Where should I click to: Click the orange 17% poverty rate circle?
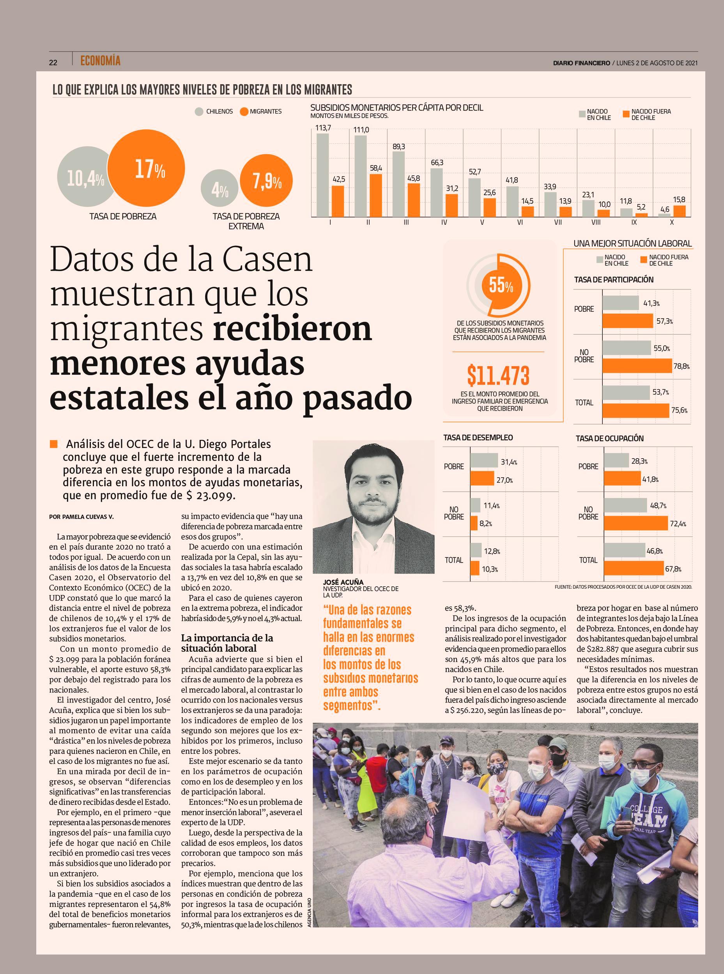pyautogui.click(x=146, y=169)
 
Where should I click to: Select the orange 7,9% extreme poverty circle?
pyautogui.click(x=266, y=181)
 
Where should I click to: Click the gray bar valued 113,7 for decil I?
pyautogui.click(x=322, y=175)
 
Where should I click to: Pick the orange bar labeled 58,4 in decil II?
pyautogui.click(x=375, y=195)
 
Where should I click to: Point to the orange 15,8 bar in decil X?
pyautogui.click(x=679, y=211)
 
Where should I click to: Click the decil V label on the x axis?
pyautogui.click(x=482, y=222)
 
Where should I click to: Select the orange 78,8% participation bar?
pyautogui.click(x=637, y=366)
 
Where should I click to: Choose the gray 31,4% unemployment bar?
pyautogui.click(x=484, y=460)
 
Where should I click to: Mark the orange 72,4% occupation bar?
pyautogui.click(x=636, y=523)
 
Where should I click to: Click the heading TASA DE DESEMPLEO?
pyautogui.click(x=478, y=438)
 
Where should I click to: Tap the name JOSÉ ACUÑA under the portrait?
pyautogui.click(x=343, y=582)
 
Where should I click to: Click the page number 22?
pyautogui.click(x=53, y=63)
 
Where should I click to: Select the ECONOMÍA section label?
pyautogui.click(x=100, y=61)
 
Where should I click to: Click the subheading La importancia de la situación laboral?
pyautogui.click(x=227, y=642)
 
